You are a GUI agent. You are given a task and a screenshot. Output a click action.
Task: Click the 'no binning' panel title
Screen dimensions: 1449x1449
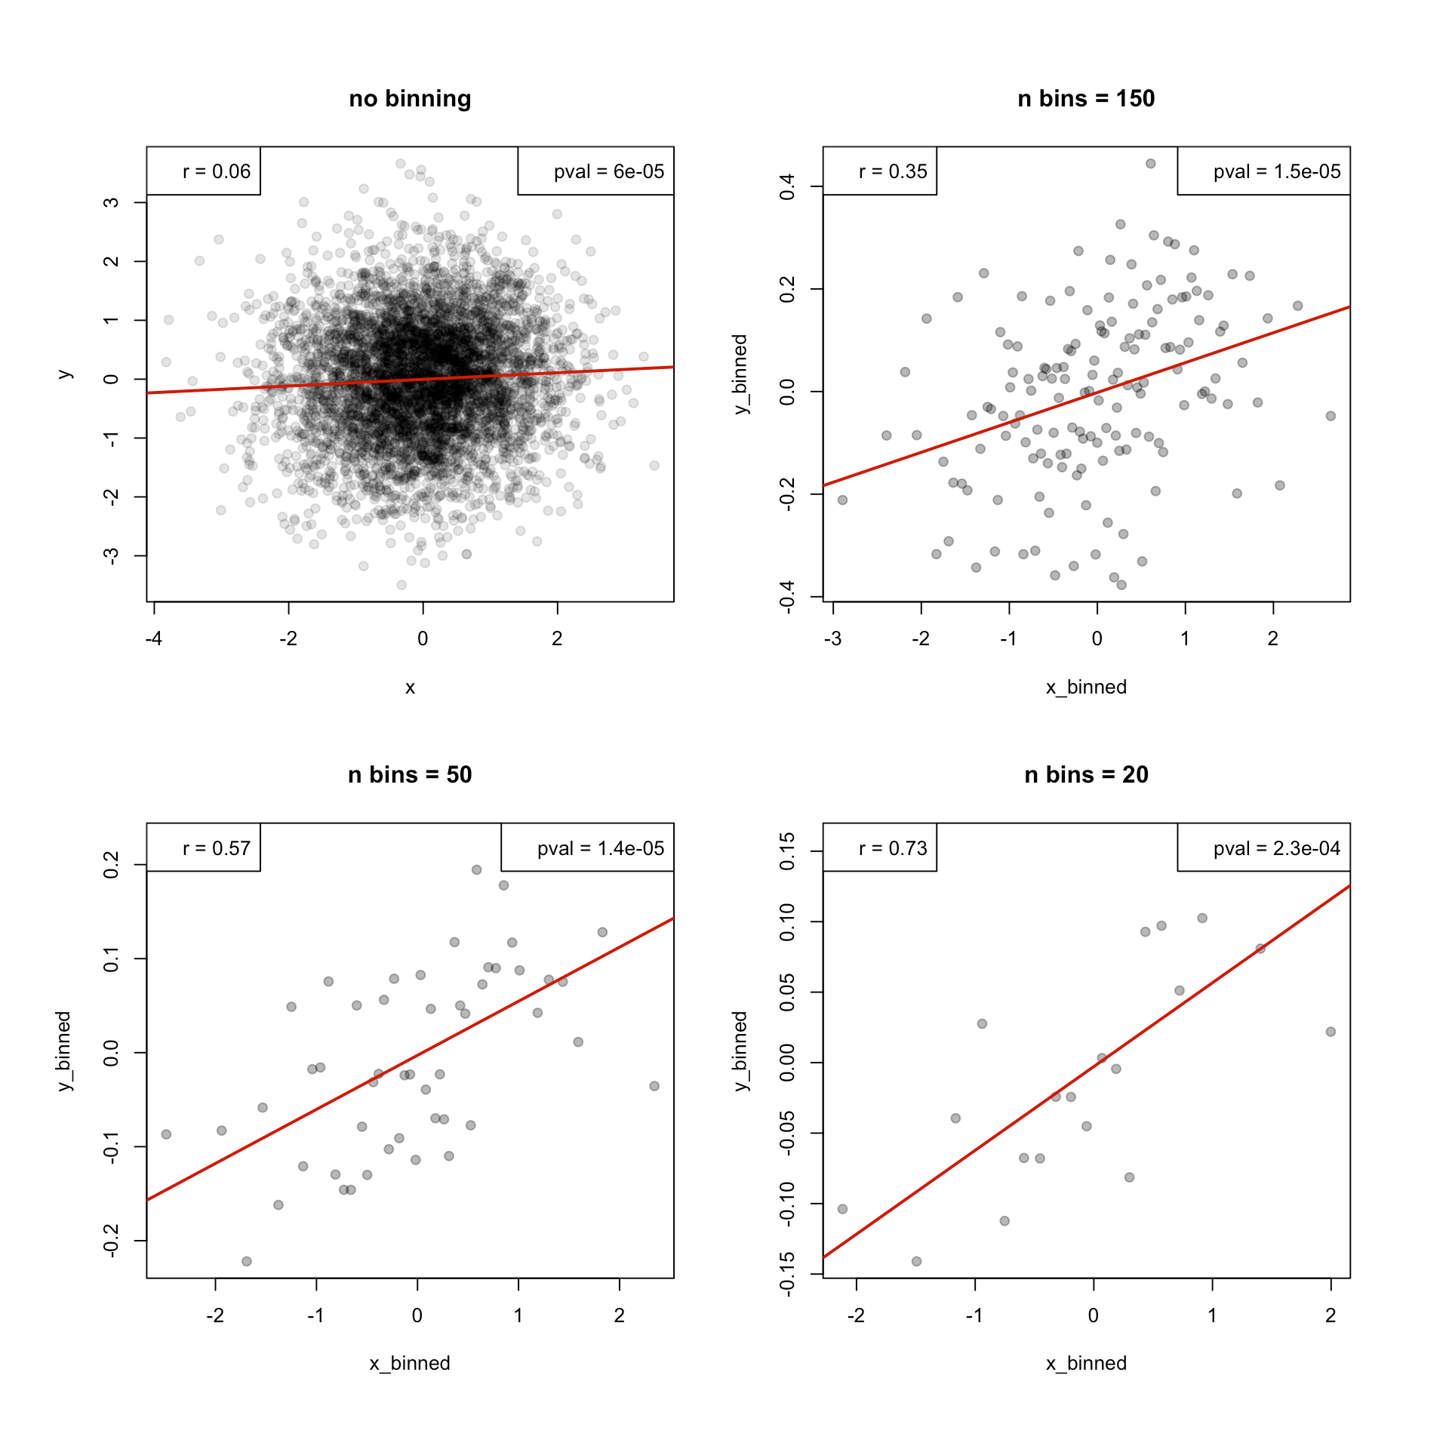click(410, 99)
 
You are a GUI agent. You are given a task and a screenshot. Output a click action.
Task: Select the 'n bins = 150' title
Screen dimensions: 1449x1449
click(1085, 99)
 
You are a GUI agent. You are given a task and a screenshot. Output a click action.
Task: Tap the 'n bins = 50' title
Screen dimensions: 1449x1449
click(410, 775)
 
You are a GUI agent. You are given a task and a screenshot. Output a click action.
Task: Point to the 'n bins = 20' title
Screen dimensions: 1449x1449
click(1085, 775)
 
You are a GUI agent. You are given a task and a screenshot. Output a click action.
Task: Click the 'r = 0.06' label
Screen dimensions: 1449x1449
click(216, 171)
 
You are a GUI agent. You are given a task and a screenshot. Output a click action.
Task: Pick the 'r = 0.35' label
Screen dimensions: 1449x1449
click(892, 171)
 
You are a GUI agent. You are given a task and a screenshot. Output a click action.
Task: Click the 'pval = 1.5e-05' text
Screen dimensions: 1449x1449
click(1276, 171)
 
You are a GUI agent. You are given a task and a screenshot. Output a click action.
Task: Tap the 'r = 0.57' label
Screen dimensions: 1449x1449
click(216, 848)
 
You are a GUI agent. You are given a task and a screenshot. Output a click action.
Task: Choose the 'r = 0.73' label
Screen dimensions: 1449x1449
click(892, 848)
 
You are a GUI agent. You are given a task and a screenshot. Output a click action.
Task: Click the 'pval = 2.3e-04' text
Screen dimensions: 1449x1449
click(1276, 848)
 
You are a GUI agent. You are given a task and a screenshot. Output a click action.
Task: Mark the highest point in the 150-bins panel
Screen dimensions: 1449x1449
click(1150, 164)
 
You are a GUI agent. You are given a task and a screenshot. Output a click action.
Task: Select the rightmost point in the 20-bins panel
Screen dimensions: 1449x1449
click(1331, 1032)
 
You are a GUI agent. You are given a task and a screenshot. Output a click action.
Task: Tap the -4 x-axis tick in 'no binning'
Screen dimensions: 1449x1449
click(154, 638)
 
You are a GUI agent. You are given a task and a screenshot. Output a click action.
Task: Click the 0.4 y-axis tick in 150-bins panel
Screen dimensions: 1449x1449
click(787, 186)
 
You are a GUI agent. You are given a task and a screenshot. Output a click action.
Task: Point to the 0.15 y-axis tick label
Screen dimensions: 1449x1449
click(787, 851)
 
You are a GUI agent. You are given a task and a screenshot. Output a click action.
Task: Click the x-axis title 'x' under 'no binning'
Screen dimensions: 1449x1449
click(410, 688)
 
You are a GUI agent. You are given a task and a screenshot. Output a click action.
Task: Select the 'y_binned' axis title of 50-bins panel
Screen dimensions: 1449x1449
click(63, 1051)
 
